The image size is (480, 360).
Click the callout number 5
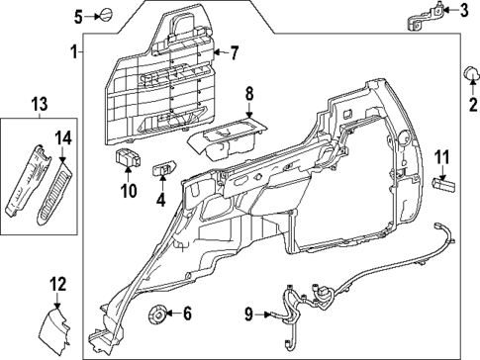(x=81, y=15)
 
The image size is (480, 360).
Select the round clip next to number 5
(x=104, y=15)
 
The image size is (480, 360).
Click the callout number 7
(x=235, y=51)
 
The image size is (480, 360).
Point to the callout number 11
(x=443, y=155)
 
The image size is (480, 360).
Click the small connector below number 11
(x=443, y=184)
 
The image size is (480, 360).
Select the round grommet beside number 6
(x=155, y=315)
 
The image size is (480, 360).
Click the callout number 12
(x=57, y=284)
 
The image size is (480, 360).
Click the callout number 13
(x=39, y=105)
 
